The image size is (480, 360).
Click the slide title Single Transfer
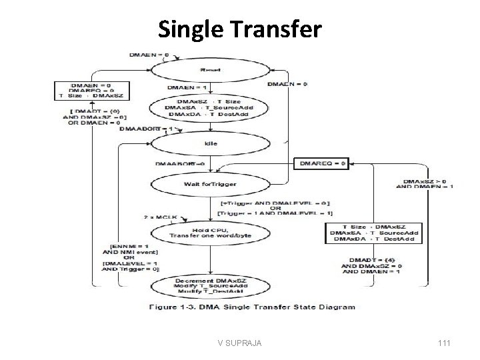coord(240,29)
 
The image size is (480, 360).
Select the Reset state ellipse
coord(210,69)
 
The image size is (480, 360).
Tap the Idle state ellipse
coord(210,143)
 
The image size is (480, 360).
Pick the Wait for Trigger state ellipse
coord(210,183)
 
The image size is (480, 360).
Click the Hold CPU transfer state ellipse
coord(209,231)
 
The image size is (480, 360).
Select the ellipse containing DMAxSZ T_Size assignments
coord(210,107)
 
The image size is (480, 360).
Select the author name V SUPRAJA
coord(240,343)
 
